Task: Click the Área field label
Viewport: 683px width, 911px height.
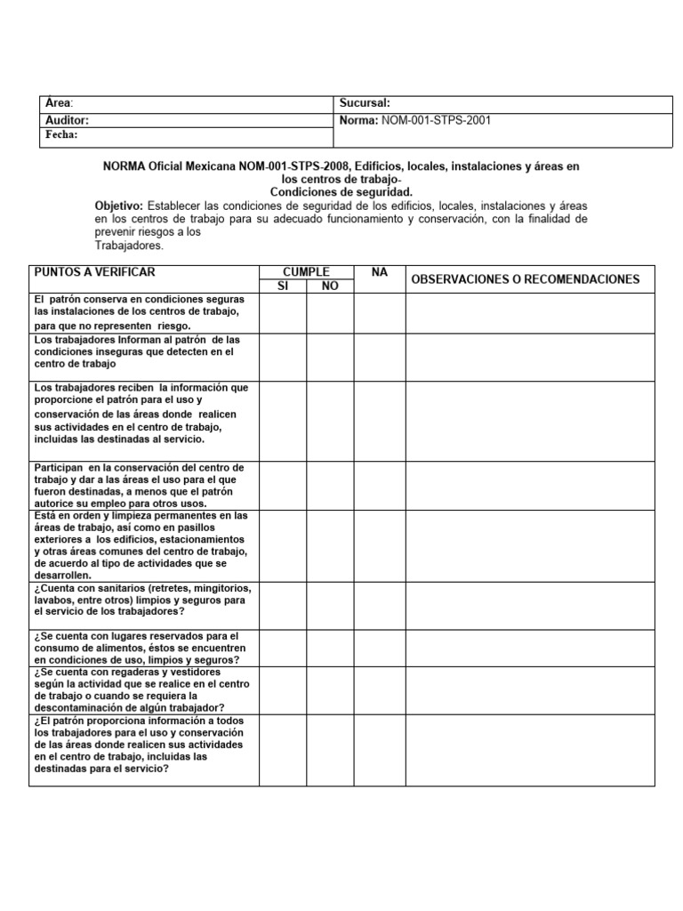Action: (58, 103)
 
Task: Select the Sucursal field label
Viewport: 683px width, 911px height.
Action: (365, 103)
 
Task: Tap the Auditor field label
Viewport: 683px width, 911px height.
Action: (67, 119)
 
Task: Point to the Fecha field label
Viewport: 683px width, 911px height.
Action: (61, 135)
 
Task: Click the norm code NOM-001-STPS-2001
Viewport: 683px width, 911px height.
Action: (436, 119)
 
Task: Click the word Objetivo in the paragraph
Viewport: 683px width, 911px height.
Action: (118, 206)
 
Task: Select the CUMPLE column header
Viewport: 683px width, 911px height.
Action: (306, 271)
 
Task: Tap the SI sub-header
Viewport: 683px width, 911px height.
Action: (283, 286)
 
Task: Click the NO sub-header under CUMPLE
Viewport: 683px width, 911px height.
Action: (330, 286)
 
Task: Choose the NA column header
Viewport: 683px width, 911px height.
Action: (380, 272)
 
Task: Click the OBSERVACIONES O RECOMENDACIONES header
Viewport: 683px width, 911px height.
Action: (525, 279)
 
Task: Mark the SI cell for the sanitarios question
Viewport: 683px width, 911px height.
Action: (283, 605)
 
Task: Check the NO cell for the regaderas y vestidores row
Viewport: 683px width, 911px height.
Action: (330, 689)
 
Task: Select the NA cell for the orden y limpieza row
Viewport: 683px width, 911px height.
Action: (380, 545)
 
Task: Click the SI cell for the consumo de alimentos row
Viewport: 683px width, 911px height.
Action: (283, 647)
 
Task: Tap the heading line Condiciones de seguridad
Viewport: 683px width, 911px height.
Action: (341, 192)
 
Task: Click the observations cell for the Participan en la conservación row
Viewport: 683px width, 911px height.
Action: (531, 485)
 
